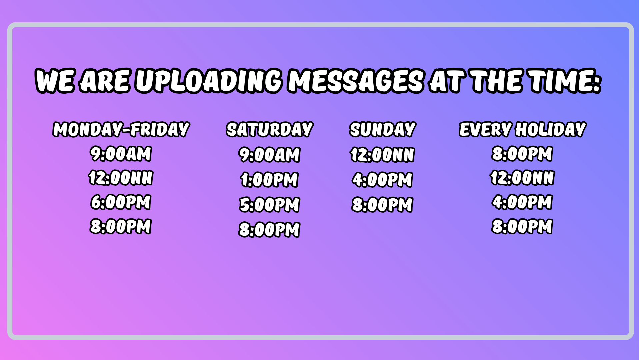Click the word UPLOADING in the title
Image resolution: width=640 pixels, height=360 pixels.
[209, 81]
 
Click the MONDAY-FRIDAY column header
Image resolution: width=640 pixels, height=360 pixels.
[121, 129]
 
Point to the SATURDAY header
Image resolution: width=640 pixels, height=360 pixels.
[270, 129]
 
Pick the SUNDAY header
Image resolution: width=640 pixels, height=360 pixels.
[383, 129]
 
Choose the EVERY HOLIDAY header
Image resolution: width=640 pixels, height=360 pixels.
[522, 129]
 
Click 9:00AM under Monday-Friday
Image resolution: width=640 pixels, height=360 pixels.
[121, 154]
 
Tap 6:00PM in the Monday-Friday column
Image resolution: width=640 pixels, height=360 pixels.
[121, 202]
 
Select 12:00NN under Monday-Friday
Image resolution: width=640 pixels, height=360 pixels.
[121, 178]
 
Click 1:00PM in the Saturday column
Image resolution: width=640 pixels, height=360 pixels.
[269, 180]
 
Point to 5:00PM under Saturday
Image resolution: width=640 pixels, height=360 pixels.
[269, 205]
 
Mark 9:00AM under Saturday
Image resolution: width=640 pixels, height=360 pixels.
[269, 155]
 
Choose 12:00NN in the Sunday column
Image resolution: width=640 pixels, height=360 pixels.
[383, 155]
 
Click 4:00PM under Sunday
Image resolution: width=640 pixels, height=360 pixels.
[383, 180]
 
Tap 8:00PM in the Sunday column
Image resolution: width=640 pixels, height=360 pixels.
[383, 205]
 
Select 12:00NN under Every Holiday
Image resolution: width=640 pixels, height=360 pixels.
[522, 178]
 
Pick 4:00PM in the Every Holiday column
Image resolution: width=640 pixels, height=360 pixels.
[522, 202]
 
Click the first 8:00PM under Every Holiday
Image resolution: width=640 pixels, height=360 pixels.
[522, 154]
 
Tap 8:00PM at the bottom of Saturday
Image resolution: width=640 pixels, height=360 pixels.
[269, 230]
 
